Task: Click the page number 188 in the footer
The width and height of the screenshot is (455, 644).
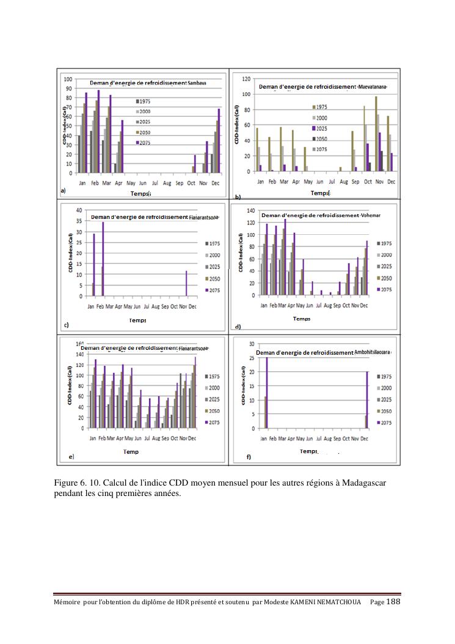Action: (394, 602)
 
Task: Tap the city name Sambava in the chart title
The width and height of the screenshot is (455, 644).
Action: (197, 83)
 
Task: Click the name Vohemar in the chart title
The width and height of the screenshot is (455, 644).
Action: (371, 215)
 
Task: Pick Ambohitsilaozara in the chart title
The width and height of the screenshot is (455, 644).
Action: (372, 353)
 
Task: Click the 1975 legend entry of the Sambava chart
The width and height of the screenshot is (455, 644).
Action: (143, 101)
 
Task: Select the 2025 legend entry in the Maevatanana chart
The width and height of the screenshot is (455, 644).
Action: (321, 128)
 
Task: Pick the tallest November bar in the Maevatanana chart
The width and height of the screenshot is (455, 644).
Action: (376, 133)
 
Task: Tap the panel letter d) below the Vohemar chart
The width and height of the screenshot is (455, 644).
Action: (238, 326)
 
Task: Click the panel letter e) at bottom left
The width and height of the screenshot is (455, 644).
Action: (71, 456)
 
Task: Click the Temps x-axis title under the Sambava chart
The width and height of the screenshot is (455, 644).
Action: (140, 193)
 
